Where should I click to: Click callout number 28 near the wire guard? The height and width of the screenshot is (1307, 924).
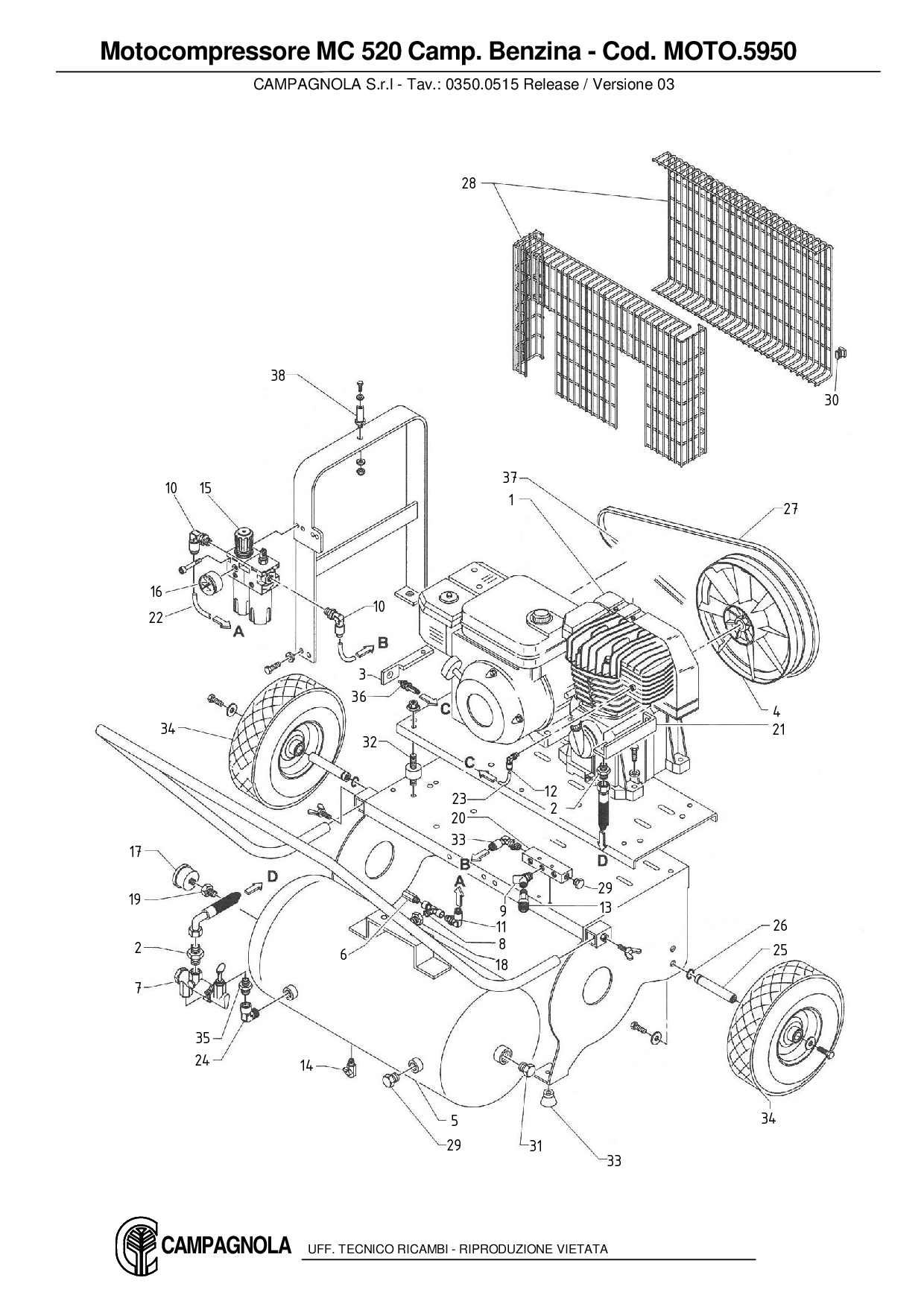click(468, 183)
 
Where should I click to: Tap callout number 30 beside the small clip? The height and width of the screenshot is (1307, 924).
click(832, 400)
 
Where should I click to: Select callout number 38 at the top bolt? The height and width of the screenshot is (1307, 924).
click(277, 376)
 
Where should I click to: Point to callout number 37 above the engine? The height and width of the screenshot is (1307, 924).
click(509, 478)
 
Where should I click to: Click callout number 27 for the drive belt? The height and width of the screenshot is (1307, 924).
click(791, 509)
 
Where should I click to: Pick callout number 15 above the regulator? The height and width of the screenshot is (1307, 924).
click(206, 488)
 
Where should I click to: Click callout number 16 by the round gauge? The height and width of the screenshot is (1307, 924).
click(156, 592)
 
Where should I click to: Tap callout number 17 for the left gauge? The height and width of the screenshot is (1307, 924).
click(135, 851)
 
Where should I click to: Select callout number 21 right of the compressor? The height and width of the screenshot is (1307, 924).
click(779, 730)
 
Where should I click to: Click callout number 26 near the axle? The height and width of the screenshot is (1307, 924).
click(779, 925)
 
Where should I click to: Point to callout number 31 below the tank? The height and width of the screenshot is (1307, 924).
click(536, 1146)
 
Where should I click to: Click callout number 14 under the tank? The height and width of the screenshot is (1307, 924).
click(306, 1065)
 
